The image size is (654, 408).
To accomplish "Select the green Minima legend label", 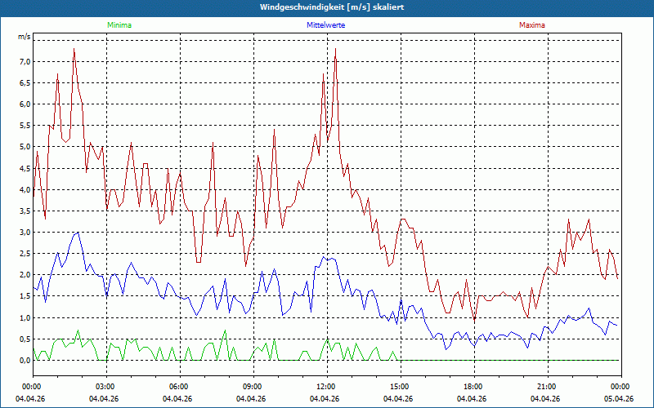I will coord(119,25).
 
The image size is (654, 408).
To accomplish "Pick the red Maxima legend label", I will coord(531,25).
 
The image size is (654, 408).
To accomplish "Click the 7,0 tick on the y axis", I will coord(25,62).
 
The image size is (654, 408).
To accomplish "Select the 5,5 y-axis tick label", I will coord(25,126).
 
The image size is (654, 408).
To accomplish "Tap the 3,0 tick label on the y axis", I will coord(25,233).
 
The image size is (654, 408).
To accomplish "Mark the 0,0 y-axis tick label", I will coord(25,360).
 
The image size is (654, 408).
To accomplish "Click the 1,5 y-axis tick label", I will coord(25,296).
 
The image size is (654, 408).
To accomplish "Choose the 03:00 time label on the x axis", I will coord(105,387).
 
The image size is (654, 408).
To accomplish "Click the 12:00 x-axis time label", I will coord(326,387).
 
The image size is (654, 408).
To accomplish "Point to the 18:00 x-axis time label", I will coord(473,387).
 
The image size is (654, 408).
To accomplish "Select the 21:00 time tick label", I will coord(547,387).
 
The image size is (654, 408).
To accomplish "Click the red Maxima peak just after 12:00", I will coord(335,49).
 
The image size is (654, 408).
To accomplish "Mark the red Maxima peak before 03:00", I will coord(74,49).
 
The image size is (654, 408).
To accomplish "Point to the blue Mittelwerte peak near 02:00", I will coord(78,233).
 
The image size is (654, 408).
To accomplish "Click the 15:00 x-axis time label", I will coord(400,387).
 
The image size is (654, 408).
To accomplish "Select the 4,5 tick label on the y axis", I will coord(25,168).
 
